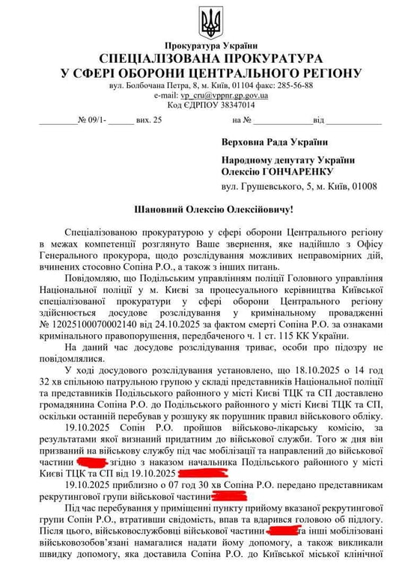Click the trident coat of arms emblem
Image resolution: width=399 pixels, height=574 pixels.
pos(210,22)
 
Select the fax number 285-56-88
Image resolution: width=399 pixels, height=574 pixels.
pos(296,85)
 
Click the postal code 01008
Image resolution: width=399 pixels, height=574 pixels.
pos(364,186)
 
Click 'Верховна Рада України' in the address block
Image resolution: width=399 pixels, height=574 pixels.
pos(274,142)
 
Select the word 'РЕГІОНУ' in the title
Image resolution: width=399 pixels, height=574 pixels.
pos(323,73)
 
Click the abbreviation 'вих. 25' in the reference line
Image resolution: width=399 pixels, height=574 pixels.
pos(149,120)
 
